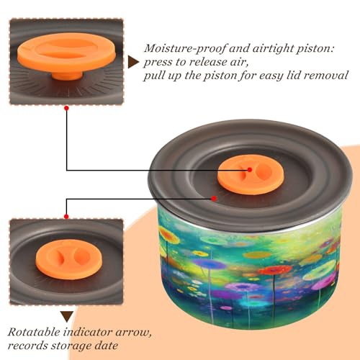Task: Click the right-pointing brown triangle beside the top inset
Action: (133, 62)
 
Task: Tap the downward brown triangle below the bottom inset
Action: (67, 317)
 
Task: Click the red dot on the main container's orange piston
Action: (250, 170)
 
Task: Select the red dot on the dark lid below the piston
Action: (214, 199)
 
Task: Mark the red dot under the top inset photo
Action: (66, 108)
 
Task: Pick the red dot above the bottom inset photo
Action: (66, 217)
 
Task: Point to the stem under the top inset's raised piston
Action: (67, 75)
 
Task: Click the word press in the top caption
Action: (158, 63)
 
